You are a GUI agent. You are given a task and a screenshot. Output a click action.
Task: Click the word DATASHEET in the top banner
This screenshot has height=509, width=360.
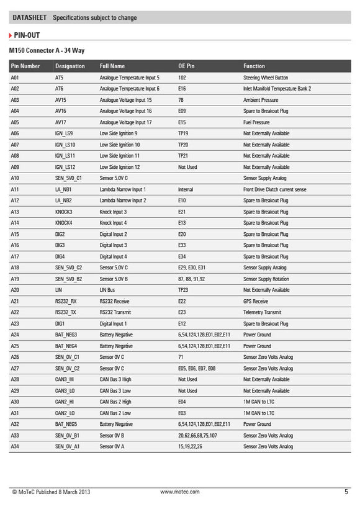29,18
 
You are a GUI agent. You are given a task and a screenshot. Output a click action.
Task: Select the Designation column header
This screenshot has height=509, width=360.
70,66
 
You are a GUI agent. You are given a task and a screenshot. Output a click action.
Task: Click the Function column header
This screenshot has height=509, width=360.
254,66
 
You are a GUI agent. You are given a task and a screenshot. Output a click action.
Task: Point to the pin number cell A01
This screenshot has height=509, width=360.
16,78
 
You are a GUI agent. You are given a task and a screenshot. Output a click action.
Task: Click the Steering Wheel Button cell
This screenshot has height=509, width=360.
266,78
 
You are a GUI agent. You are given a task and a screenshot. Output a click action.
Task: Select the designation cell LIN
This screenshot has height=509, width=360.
59,290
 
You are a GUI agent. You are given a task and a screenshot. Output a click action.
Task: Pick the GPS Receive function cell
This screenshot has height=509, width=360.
256,301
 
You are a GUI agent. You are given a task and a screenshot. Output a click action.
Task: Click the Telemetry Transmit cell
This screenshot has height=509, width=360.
262,312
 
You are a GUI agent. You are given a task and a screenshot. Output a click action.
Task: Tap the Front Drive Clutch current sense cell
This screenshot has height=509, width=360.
274,189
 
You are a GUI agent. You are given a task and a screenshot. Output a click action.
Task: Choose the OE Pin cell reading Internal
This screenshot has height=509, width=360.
186,189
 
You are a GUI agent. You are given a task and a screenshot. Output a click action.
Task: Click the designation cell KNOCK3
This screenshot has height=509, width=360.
64,212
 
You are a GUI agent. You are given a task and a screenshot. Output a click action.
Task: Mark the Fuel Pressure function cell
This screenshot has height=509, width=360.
256,122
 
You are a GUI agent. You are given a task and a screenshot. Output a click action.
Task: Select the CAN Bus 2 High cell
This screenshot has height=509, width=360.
115,402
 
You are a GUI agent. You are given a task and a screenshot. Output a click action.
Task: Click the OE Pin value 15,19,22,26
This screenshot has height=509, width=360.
190,446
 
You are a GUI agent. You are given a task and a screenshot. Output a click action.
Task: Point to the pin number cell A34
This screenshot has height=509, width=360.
16,446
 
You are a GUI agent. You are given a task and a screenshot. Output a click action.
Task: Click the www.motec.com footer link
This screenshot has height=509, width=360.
180,492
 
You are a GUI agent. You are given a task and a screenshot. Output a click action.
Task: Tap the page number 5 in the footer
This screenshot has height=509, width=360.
346,492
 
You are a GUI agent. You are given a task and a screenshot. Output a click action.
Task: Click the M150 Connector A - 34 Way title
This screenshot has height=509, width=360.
47,49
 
